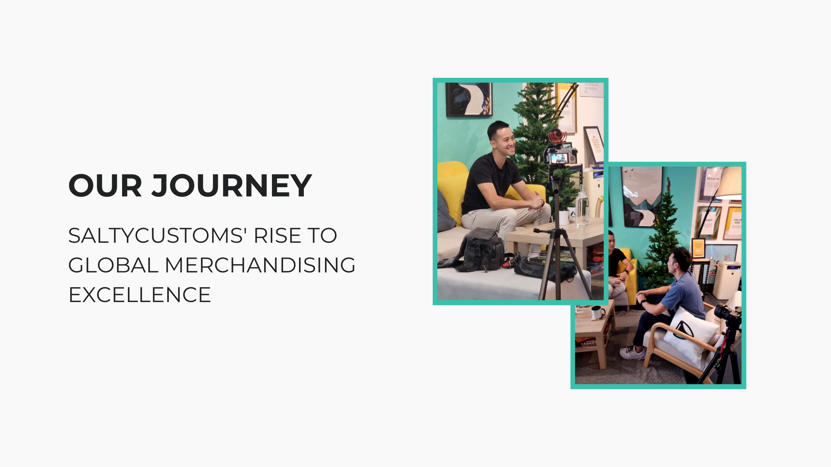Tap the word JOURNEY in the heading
[x=232, y=185]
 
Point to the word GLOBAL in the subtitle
[x=114, y=265]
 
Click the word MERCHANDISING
[x=260, y=265]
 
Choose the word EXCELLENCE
[x=140, y=295]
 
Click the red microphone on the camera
[x=557, y=136]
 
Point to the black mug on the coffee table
[x=597, y=312]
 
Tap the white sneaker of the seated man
[x=632, y=352]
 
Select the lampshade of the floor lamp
[x=729, y=183]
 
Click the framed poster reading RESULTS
[x=710, y=185]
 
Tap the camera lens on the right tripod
[x=723, y=311]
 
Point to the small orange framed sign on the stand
[x=699, y=248]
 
